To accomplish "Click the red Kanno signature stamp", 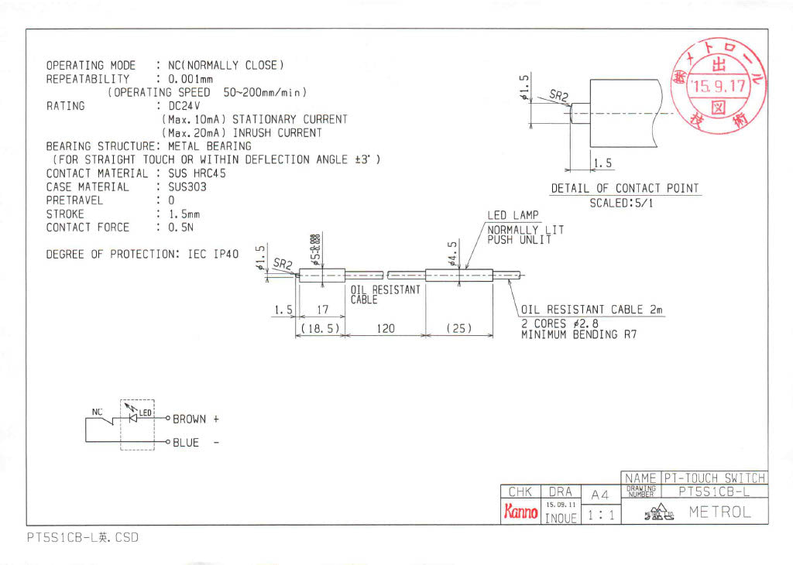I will click(x=521, y=512).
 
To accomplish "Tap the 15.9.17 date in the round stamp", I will click(x=719, y=86).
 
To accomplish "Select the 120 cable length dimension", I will click(x=385, y=328).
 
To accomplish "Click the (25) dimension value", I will click(x=458, y=328).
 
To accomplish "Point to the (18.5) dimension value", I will click(x=320, y=328).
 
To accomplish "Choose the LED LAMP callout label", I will click(x=513, y=215).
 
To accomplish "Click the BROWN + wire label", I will click(x=195, y=419).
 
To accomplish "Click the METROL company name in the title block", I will click(x=719, y=512).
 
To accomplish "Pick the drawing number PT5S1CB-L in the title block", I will click(x=712, y=491).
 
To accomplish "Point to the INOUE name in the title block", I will click(x=560, y=519).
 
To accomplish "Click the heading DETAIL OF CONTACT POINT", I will click(x=624, y=188).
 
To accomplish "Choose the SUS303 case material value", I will click(x=187, y=187).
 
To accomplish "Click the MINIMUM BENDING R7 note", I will click(x=578, y=335).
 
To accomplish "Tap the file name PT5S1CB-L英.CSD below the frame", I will click(x=82, y=537).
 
